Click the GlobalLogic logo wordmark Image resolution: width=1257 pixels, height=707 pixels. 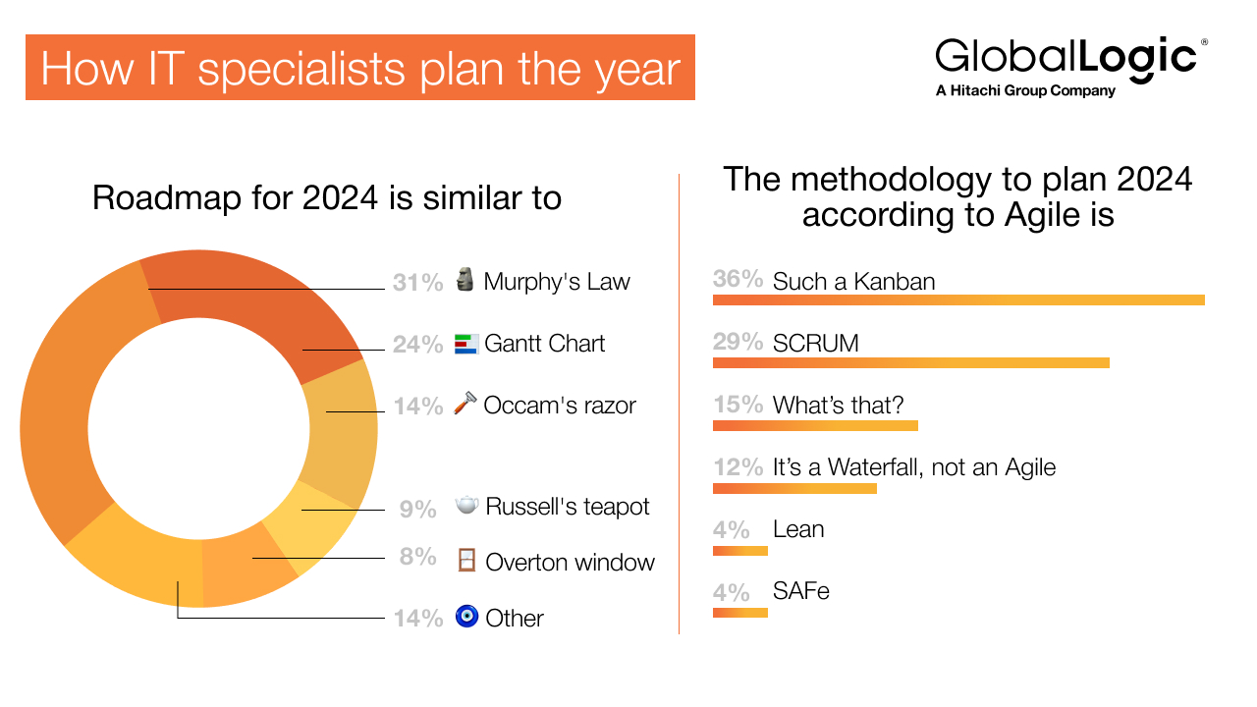(x=1066, y=57)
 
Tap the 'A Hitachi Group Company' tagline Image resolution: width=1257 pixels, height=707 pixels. (x=1025, y=91)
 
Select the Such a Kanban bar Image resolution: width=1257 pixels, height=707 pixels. (x=957, y=299)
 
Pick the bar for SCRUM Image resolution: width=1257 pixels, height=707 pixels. (x=910, y=362)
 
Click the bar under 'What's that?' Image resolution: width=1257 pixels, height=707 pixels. (x=815, y=425)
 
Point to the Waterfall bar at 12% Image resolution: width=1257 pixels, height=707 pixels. (x=794, y=488)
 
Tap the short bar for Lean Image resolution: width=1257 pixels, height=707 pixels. (x=739, y=551)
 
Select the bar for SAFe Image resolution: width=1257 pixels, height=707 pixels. (x=739, y=614)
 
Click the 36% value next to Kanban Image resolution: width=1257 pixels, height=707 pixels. (x=738, y=280)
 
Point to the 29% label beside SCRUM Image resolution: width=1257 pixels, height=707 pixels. (x=738, y=343)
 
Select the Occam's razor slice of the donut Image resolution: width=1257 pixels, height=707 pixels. (x=339, y=432)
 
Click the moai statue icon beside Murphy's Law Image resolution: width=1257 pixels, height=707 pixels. (x=465, y=280)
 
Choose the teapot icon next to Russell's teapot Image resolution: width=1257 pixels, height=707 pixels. (x=466, y=505)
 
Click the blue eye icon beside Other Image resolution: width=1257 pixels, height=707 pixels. (x=466, y=617)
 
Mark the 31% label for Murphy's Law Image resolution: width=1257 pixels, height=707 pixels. (x=417, y=283)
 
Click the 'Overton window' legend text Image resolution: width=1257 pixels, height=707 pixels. (x=570, y=563)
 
